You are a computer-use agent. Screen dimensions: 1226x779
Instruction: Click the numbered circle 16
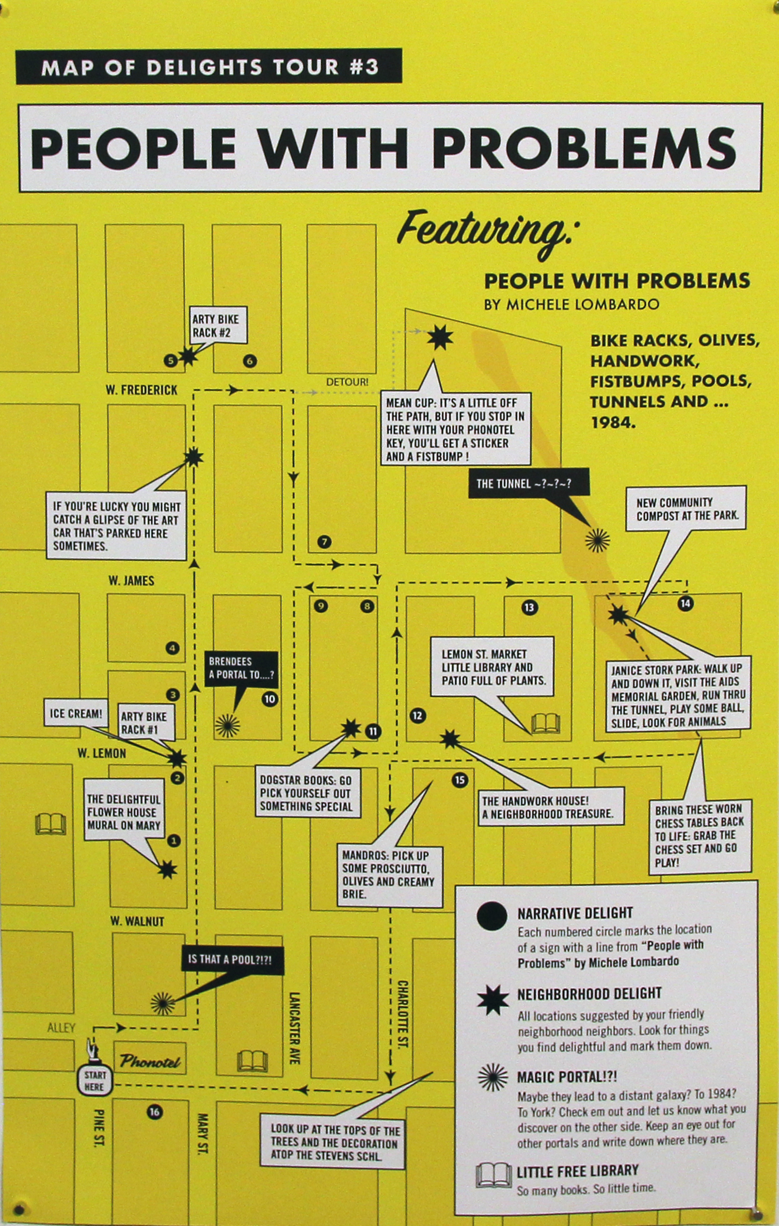point(154,1111)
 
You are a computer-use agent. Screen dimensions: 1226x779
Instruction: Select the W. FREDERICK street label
point(141,390)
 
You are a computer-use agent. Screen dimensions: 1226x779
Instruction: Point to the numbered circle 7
point(324,542)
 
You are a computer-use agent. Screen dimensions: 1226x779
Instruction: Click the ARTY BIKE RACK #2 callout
point(216,325)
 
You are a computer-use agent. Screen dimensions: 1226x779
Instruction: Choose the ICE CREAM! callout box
point(76,714)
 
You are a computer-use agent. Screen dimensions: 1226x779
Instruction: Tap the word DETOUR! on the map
point(347,382)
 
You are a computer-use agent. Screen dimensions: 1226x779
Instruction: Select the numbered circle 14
point(685,603)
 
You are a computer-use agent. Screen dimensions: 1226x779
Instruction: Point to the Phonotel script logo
point(150,1061)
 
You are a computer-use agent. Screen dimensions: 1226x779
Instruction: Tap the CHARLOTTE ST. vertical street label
point(402,1014)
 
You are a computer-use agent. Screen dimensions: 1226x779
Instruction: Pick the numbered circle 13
point(529,608)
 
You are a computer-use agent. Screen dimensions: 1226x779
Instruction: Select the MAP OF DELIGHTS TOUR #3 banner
point(209,67)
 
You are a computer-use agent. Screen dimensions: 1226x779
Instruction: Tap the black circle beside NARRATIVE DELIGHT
point(491,917)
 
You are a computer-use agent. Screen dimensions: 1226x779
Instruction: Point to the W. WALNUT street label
point(137,921)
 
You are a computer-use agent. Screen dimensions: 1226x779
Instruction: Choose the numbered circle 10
point(269,699)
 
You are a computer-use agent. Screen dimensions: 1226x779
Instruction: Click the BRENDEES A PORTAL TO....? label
point(241,668)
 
